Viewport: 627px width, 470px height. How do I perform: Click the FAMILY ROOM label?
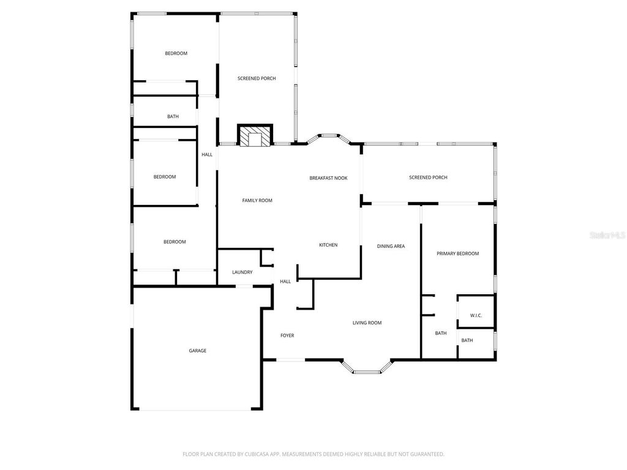[x=257, y=201]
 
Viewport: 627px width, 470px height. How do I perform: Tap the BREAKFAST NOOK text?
[x=328, y=178]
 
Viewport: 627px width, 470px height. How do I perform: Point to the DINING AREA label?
[x=391, y=246]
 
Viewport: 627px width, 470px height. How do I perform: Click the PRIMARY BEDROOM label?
[x=457, y=253]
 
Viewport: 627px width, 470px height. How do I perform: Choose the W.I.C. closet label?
[x=476, y=316]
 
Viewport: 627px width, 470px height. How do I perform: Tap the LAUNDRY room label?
[x=242, y=272]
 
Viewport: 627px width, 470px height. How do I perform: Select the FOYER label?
[x=287, y=335]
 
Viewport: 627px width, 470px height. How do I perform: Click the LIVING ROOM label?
[x=367, y=323]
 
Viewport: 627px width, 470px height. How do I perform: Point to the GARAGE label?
[x=197, y=351]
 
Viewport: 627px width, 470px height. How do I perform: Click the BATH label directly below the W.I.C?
[x=467, y=341]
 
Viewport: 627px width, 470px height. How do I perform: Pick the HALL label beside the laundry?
[x=285, y=282]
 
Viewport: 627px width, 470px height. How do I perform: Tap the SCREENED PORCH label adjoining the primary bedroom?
[x=428, y=177]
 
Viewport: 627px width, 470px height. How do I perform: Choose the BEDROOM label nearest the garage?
[x=175, y=242]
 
